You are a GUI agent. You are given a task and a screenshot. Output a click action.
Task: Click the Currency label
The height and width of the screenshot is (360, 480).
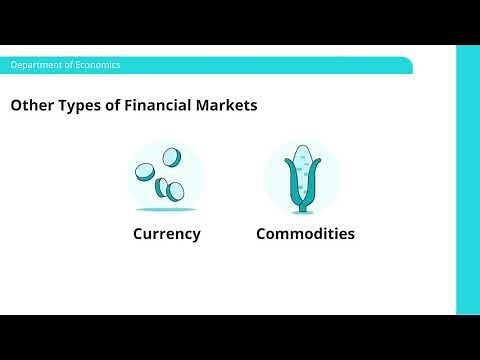[x=167, y=234]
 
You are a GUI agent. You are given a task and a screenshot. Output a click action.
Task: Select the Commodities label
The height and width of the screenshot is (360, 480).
[x=305, y=234]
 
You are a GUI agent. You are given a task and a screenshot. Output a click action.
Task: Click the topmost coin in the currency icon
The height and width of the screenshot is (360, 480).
[x=172, y=157]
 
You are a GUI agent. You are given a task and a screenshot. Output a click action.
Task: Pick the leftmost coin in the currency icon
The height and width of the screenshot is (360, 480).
[x=146, y=172]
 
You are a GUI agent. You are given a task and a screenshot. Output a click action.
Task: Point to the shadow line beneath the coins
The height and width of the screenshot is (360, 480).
[x=166, y=210]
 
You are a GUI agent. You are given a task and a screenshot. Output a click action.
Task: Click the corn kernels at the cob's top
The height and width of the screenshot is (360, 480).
[x=301, y=160]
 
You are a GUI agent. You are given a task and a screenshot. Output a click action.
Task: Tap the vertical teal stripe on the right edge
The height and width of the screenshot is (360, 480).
[x=467, y=180]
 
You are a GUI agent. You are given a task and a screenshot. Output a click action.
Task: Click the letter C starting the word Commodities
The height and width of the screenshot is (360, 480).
[x=263, y=234]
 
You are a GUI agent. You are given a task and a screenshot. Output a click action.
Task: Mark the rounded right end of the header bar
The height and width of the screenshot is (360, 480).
[x=408, y=65]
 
